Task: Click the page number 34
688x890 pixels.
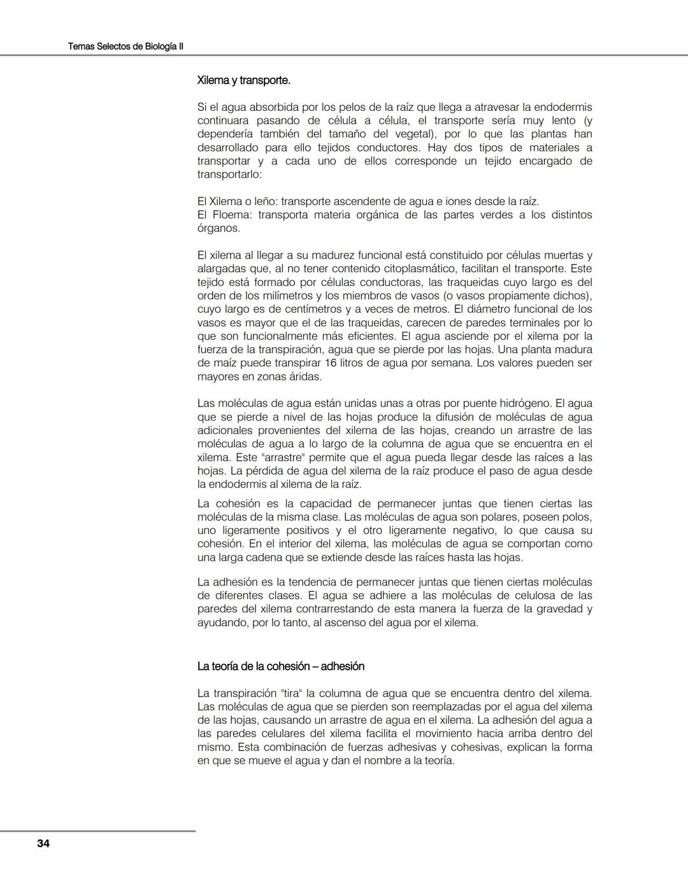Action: [x=43, y=843]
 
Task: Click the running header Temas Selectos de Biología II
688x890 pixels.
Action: [x=125, y=47]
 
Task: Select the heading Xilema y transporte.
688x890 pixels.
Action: [x=243, y=81]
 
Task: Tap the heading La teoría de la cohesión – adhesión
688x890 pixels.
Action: [x=281, y=666]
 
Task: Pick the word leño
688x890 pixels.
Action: [x=266, y=201]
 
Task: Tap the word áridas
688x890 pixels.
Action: [x=305, y=377]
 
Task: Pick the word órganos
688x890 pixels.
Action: [x=219, y=228]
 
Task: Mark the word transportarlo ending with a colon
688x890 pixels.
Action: [x=229, y=175]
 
